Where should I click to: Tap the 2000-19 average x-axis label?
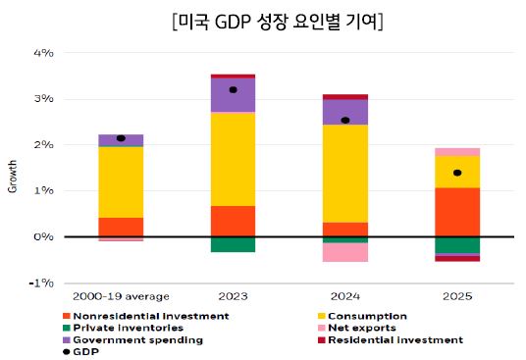122,295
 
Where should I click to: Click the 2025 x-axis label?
457,295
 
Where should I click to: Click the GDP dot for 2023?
233,90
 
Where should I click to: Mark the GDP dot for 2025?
457,173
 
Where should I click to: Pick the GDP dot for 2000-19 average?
121,138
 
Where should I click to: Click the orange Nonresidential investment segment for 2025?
457,211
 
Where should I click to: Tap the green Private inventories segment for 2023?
233,244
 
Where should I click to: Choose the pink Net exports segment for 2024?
345,252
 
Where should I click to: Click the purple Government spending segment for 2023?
233,95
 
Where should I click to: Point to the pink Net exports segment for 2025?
457,151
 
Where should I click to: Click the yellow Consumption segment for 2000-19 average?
121,181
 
